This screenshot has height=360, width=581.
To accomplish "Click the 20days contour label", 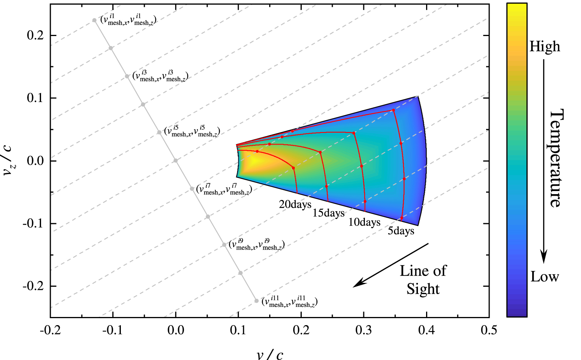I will click(x=295, y=204).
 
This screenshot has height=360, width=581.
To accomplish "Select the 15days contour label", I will click(x=328, y=213).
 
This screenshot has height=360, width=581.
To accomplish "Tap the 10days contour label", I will click(x=364, y=222).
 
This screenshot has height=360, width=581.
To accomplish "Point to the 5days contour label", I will click(x=401, y=231).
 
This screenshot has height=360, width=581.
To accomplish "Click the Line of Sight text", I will click(x=423, y=280).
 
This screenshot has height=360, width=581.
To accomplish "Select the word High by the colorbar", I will click(x=545, y=47).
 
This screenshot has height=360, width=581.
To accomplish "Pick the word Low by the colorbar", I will click(x=545, y=277).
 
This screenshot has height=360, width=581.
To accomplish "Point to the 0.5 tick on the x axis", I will click(x=489, y=330).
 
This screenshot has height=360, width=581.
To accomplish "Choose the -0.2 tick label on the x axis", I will click(x=50, y=330).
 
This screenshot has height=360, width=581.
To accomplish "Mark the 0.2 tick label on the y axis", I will click(x=36, y=35).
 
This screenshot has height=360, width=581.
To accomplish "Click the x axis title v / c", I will click(x=270, y=354).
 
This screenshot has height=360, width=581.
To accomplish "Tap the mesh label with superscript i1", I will click(x=128, y=20).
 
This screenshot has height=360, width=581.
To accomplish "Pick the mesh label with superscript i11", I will click(x=289, y=301).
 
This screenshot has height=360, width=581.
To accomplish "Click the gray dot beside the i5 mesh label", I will click(x=159, y=133).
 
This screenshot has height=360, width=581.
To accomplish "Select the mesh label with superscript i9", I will click(x=256, y=245).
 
